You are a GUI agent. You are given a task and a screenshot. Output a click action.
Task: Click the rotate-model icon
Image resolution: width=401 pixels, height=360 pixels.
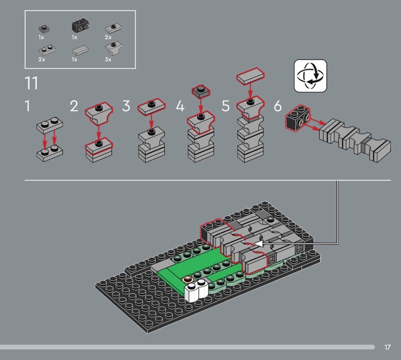coord(310,76)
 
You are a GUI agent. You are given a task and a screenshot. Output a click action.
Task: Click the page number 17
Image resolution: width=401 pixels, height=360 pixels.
coord(387,347)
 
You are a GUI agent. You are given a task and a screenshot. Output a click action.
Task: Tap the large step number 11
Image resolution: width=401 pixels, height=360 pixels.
coord(32,83)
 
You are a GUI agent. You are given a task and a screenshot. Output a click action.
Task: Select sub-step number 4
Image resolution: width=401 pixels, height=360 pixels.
coord(180,106)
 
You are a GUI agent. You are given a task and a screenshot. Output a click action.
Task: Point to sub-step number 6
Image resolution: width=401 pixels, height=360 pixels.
coord(278,106)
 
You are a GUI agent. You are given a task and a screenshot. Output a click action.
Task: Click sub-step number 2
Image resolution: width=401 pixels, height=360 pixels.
coord(74,106)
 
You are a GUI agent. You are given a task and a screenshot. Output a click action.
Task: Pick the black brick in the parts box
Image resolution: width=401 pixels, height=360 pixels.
coord(80,26)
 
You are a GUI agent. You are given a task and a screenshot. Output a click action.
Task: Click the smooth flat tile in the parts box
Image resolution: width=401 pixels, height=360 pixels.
coord(80,51)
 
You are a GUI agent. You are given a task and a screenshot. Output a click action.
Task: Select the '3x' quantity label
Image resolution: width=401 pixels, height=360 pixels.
coord(108,59)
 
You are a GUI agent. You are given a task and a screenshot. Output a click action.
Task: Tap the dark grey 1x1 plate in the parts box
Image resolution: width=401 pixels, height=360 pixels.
coord(44,29)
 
